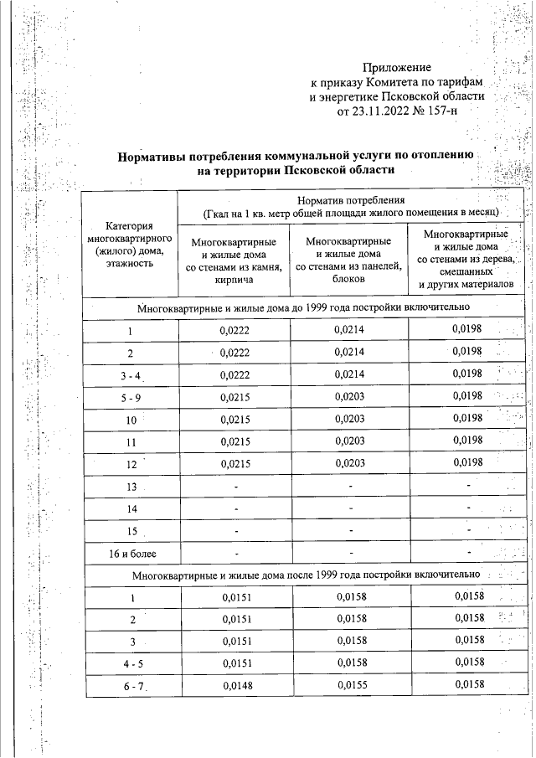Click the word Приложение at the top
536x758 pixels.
point(397,67)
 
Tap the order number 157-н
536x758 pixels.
point(443,110)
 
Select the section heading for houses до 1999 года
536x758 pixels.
point(308,307)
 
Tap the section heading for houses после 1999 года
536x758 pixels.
point(306,575)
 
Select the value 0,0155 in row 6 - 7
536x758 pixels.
point(349,687)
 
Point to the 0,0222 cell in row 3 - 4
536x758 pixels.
point(235,373)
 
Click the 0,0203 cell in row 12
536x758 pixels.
point(349,462)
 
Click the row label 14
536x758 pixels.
point(131,508)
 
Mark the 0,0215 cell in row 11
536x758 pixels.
point(235,441)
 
